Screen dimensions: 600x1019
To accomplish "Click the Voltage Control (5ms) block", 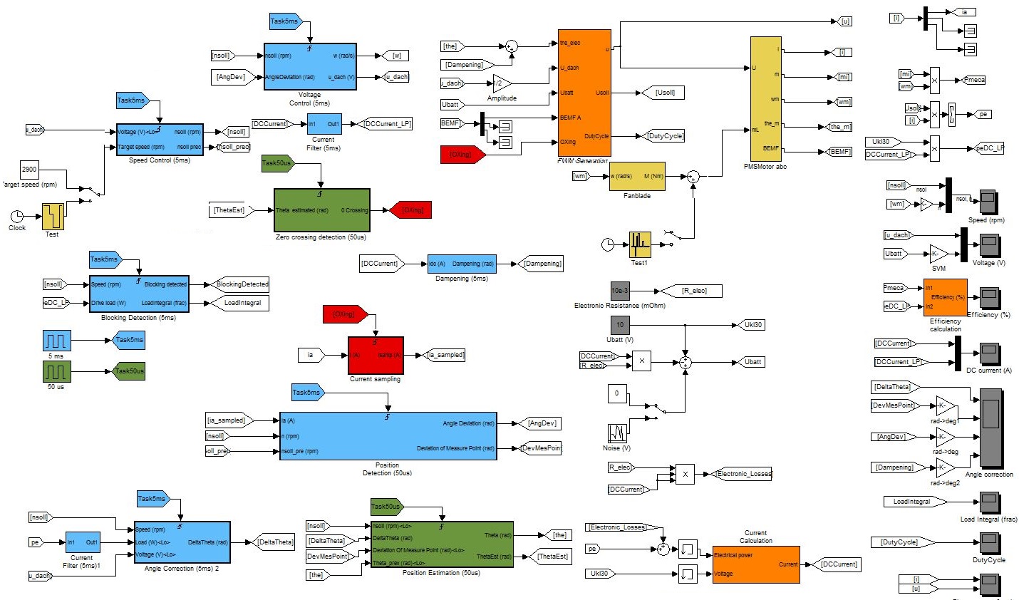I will click(309, 66).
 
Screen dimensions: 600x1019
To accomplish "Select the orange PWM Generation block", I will click(584, 92).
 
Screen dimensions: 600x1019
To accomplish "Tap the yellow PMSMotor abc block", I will click(766, 99).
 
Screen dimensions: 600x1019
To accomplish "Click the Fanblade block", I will click(636, 177).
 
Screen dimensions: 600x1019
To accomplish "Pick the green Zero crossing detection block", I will click(322, 210).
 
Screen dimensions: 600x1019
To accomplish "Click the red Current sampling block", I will click(376, 355).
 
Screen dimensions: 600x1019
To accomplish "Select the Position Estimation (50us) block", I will click(442, 544).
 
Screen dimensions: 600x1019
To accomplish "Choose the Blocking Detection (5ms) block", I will click(139, 294).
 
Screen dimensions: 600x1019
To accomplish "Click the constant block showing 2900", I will click(29, 170).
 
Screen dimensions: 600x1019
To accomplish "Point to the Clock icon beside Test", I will click(16, 216).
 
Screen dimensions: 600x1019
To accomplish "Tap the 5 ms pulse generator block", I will click(56, 340).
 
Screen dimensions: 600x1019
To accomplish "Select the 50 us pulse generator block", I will click(56, 371).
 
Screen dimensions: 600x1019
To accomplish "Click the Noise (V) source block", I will click(617, 433).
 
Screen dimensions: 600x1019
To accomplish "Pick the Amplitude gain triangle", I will click(501, 83).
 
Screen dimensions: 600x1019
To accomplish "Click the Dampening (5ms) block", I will click(462, 264).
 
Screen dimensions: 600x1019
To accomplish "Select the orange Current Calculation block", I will click(755, 564).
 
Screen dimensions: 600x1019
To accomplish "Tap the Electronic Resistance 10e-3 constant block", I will click(620, 291).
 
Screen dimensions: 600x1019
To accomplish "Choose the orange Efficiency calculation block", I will click(945, 297).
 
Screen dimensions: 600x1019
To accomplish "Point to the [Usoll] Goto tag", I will click(664, 93).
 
